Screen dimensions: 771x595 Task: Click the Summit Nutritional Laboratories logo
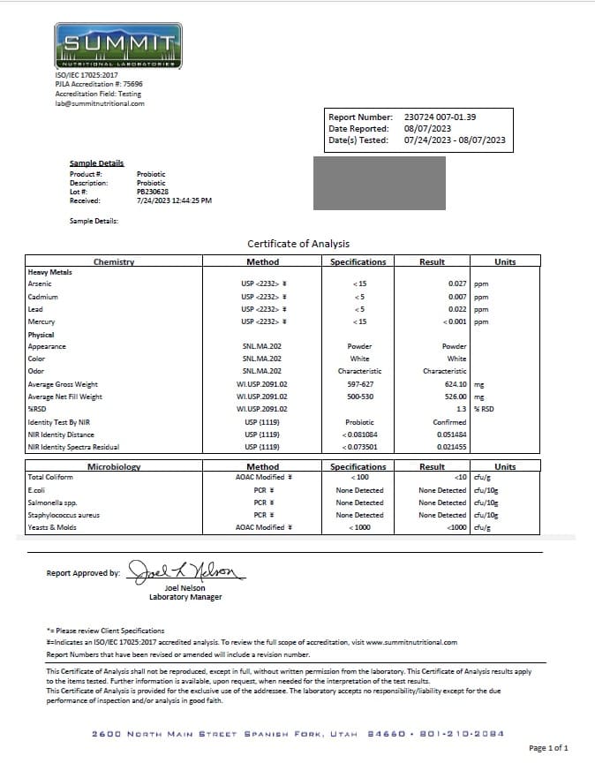click(118, 46)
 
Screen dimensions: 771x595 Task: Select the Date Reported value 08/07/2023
click(427, 128)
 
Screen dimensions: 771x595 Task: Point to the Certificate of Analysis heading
click(298, 244)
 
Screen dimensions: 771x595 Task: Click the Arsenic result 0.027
click(456, 284)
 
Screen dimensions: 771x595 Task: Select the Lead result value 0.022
click(456, 309)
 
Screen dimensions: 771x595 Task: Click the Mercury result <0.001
click(453, 321)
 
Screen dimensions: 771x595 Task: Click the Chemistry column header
click(114, 261)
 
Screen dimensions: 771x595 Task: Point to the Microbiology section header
click(114, 466)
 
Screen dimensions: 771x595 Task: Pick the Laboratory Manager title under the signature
click(185, 597)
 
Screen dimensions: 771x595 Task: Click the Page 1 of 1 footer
click(547, 748)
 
